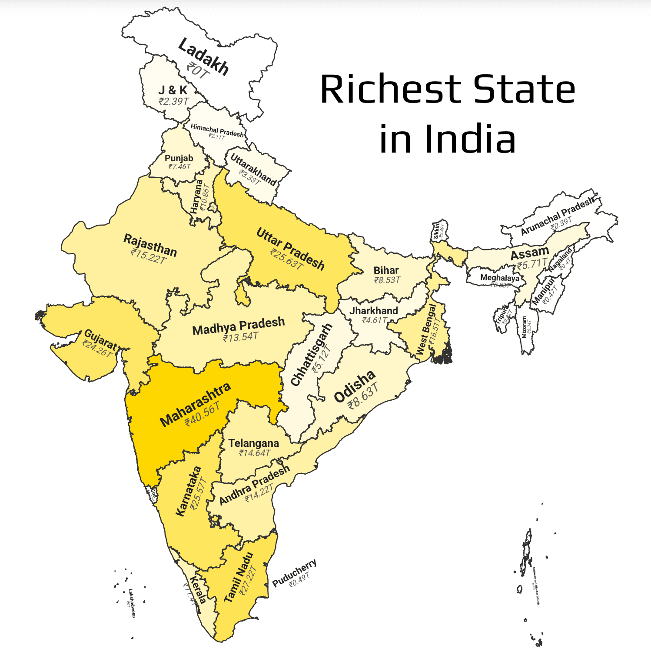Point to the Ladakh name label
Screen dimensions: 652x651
(203, 57)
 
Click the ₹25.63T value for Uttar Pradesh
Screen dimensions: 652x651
(286, 259)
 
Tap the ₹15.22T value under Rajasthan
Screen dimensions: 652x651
(149, 256)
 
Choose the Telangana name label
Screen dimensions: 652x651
(253, 443)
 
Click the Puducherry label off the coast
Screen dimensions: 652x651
(294, 573)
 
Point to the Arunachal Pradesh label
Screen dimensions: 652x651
(557, 216)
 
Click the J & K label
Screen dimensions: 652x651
(173, 90)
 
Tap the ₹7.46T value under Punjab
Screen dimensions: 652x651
(179, 166)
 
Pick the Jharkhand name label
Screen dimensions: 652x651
(374, 311)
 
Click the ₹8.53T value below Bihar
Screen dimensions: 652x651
(387, 280)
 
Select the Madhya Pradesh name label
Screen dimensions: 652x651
(239, 326)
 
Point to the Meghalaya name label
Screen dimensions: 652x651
(500, 278)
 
